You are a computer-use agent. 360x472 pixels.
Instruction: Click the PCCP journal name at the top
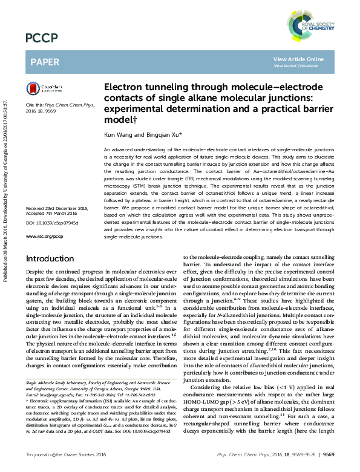click(42, 38)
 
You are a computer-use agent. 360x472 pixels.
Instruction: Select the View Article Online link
click(298, 59)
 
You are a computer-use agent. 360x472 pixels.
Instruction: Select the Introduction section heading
click(50, 258)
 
